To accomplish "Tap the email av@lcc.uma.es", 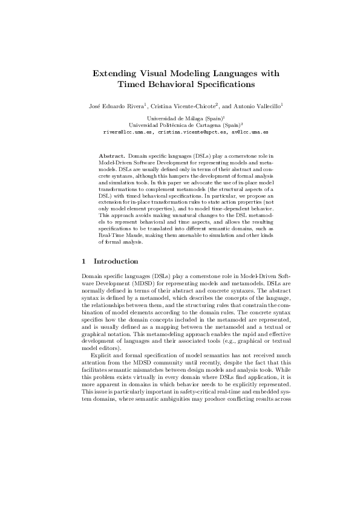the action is (x=250, y=131).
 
